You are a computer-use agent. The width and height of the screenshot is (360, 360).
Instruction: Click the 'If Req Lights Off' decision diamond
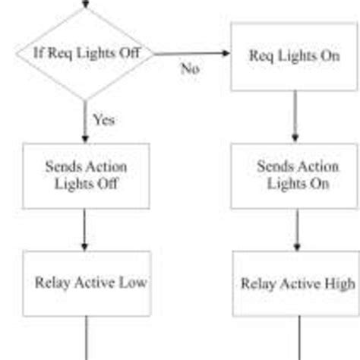click(84, 54)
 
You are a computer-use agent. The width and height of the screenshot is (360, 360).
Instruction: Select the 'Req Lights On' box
click(294, 56)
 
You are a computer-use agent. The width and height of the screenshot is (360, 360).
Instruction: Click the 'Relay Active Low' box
click(85, 283)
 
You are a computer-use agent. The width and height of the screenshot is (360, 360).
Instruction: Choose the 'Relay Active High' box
click(296, 283)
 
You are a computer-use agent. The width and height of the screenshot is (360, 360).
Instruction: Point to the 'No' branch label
click(190, 69)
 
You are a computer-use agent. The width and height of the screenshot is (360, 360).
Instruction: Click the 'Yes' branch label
click(103, 119)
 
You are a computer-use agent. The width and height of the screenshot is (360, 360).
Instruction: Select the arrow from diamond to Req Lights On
click(190, 54)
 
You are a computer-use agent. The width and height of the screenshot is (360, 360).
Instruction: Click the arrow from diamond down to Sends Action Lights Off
click(84, 122)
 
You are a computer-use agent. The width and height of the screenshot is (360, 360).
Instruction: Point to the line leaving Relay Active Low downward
click(85, 338)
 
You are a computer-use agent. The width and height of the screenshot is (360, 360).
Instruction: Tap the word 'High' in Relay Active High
click(339, 284)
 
